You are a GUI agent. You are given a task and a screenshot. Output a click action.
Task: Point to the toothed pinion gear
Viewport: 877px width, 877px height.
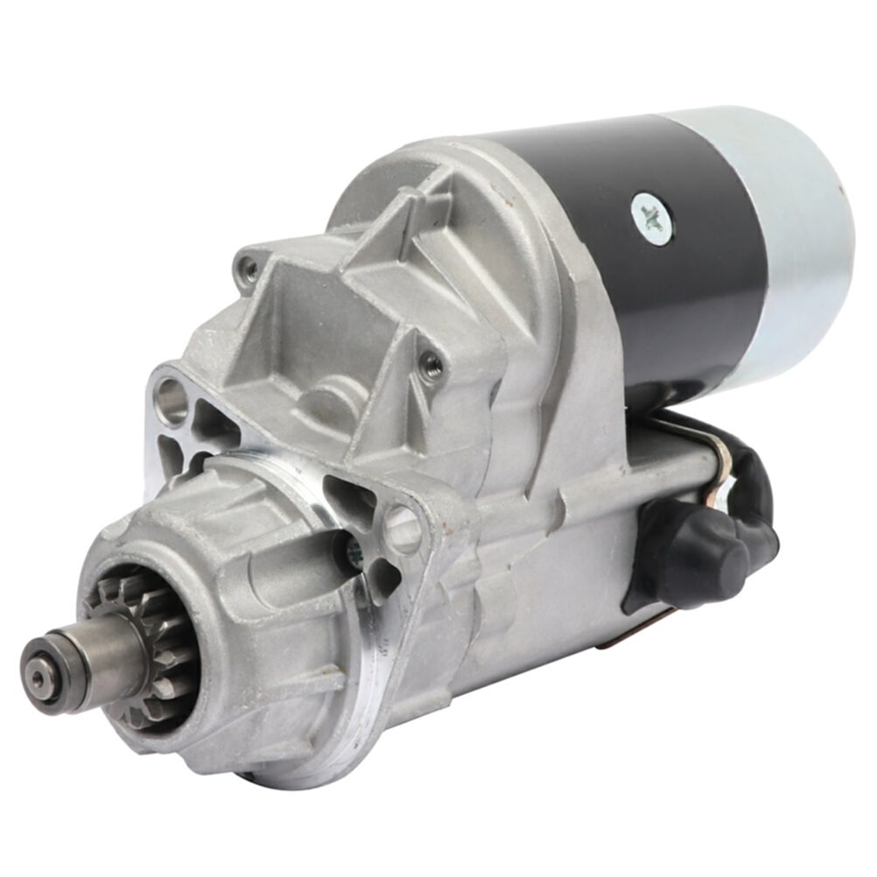149,647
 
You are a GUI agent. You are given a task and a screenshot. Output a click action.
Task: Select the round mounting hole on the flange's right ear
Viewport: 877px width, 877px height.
403,529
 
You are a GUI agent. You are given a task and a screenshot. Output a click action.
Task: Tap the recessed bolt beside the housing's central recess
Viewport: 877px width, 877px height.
431,365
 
